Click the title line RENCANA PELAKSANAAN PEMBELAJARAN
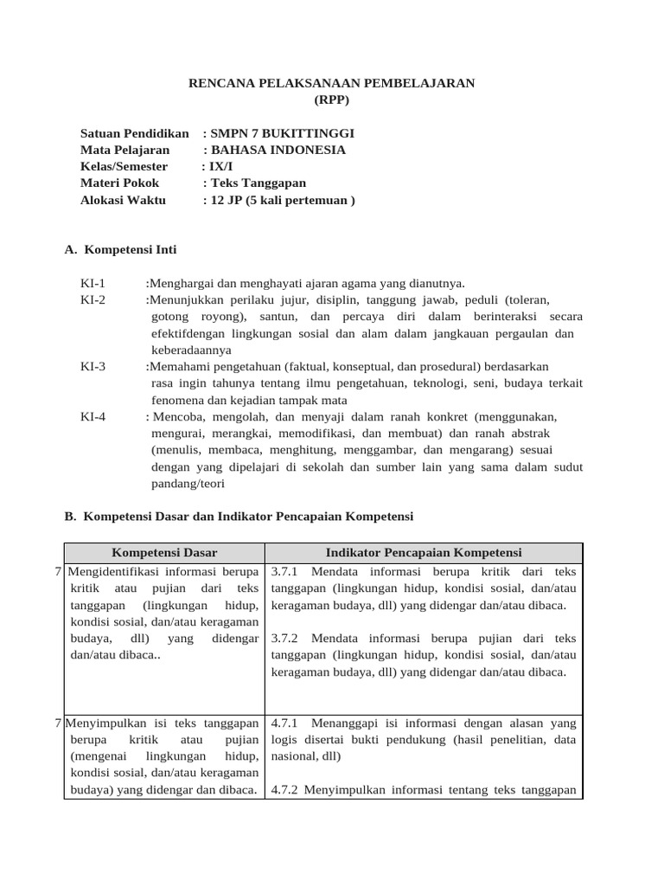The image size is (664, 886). pyautogui.click(x=331, y=83)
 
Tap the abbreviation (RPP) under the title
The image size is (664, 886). pyautogui.click(x=332, y=100)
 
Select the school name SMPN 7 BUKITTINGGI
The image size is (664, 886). pyautogui.click(x=282, y=133)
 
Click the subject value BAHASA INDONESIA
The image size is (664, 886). pyautogui.click(x=271, y=150)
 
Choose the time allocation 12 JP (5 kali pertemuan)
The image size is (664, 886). pyautogui.click(x=283, y=200)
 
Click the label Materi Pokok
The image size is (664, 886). pyautogui.click(x=119, y=183)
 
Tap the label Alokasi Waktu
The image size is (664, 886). pyautogui.click(x=123, y=200)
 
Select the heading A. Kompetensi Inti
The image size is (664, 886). pyautogui.click(x=121, y=250)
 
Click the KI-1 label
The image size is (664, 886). pyautogui.click(x=93, y=283)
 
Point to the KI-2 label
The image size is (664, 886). pyautogui.click(x=93, y=300)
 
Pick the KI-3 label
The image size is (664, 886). pyautogui.click(x=93, y=367)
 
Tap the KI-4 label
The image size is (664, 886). pyautogui.click(x=93, y=417)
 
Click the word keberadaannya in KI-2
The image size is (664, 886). pyautogui.click(x=191, y=350)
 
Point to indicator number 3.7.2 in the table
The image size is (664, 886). pyautogui.click(x=284, y=639)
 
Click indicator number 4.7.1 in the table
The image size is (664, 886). pyautogui.click(x=284, y=722)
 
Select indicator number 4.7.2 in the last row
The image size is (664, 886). pyautogui.click(x=284, y=790)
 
